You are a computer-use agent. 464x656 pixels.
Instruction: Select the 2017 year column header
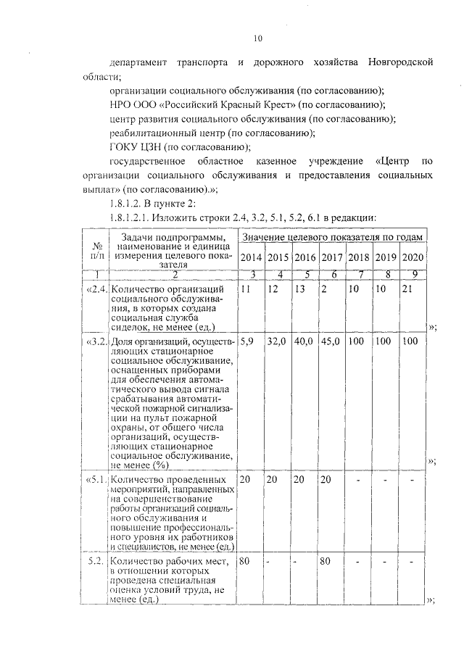[x=331, y=258]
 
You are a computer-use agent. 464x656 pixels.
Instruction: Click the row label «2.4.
[x=97, y=290]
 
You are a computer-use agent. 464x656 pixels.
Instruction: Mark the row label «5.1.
[x=97, y=480]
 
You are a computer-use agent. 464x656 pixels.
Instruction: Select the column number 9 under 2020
[x=412, y=274]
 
